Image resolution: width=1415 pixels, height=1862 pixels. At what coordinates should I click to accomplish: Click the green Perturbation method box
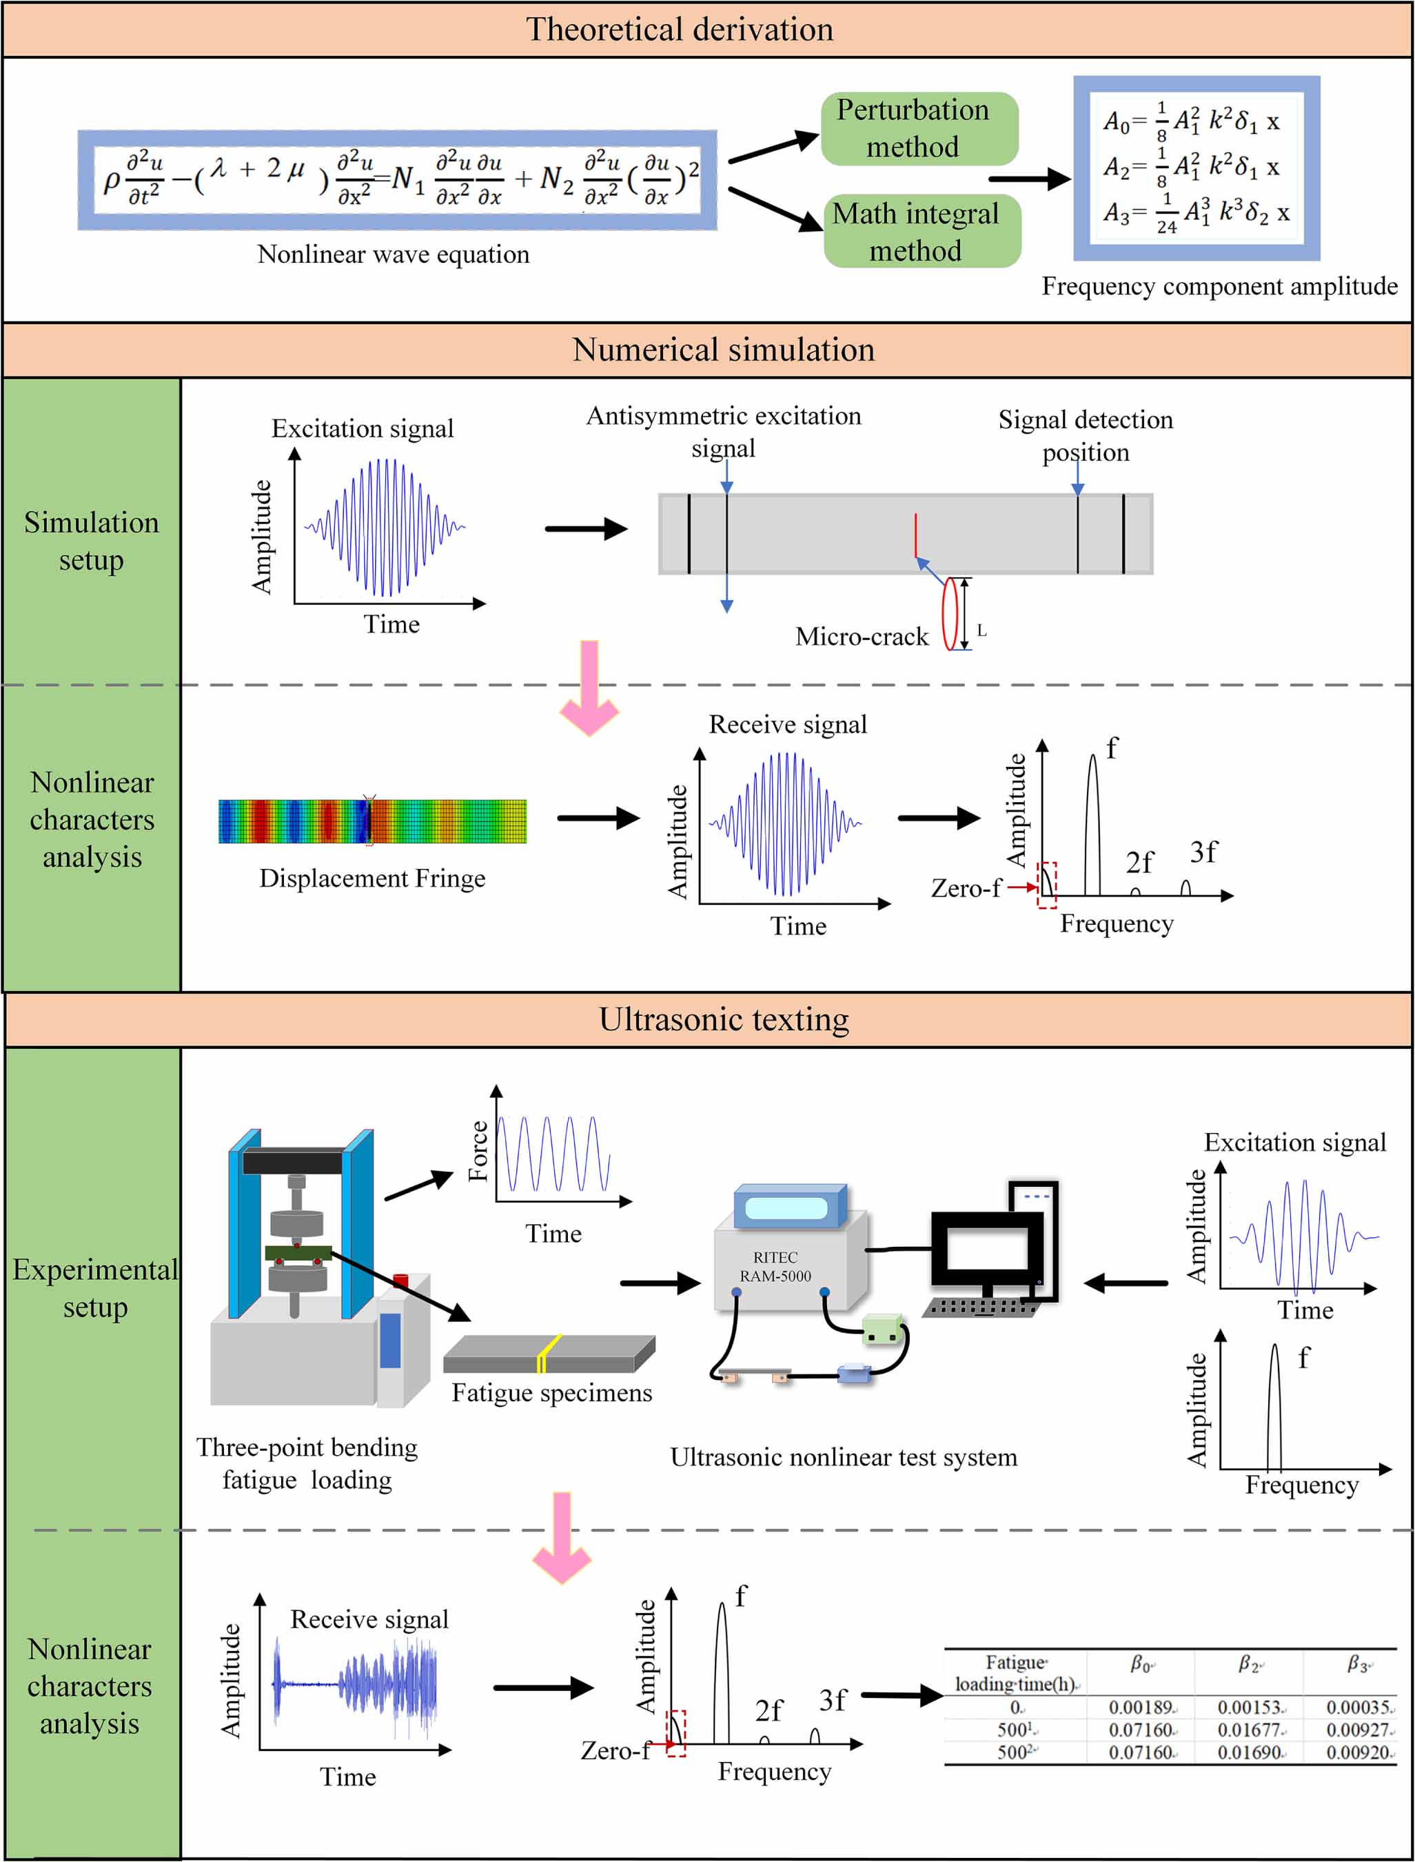[x=919, y=128]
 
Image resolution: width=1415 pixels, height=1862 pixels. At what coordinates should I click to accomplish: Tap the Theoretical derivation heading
[x=679, y=30]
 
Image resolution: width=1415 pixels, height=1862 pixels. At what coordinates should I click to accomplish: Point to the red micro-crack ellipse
[x=950, y=613]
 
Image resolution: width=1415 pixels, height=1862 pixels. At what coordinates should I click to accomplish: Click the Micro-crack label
[x=861, y=636]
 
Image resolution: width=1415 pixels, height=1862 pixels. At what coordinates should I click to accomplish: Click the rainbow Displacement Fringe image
[x=372, y=821]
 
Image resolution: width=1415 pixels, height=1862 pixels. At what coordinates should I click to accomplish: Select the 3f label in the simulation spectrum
[x=1203, y=852]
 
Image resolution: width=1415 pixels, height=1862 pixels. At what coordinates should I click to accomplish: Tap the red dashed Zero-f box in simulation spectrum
[x=1046, y=885]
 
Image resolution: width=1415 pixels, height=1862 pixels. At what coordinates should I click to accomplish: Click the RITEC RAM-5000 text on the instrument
[x=775, y=1266]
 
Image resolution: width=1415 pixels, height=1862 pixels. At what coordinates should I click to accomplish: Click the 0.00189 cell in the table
[x=1141, y=1707]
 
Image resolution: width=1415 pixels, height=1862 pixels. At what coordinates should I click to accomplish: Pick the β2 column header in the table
[x=1249, y=1664]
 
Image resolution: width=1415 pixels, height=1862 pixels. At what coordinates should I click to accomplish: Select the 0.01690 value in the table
[x=1249, y=1752]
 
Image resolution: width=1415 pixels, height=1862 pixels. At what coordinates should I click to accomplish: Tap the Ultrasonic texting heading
[x=722, y=1019]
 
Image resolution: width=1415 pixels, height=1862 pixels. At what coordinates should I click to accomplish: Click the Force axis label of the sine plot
[x=478, y=1150]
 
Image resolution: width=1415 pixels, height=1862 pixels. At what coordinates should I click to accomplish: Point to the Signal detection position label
[x=1085, y=436]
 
